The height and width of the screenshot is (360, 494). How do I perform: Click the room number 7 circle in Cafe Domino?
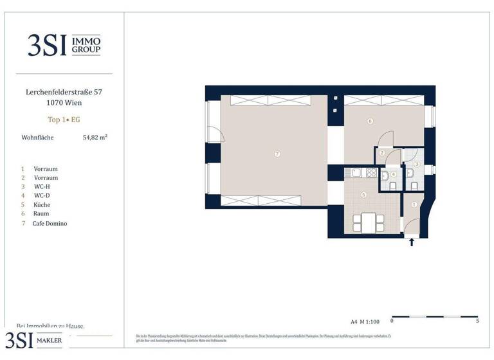[277, 154]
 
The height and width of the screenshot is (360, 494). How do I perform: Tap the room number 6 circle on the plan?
[370, 121]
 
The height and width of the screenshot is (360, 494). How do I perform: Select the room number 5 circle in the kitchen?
[363, 195]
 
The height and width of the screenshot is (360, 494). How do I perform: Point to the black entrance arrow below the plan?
[412, 242]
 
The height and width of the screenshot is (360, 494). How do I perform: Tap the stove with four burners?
[371, 172]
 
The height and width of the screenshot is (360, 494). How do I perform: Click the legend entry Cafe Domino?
[50, 224]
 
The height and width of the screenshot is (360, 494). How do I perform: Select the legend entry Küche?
[41, 204]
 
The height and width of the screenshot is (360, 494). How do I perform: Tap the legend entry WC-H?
[42, 186]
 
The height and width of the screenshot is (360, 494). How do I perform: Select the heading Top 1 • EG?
[64, 120]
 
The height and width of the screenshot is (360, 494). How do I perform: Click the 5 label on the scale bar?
[477, 320]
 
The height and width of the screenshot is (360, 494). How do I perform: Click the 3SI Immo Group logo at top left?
[64, 45]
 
